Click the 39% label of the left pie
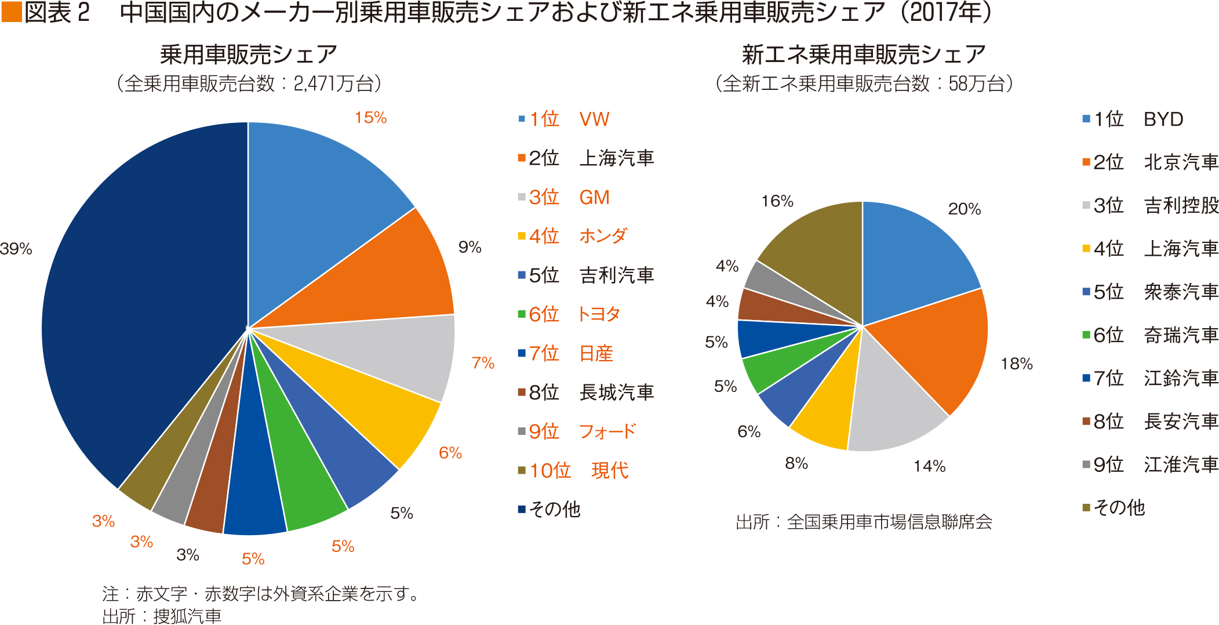tap(16, 249)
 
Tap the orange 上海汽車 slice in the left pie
tap(394, 272)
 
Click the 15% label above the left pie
tap(370, 118)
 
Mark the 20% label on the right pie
tap(964, 209)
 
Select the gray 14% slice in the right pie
tap(893, 406)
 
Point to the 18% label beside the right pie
tap(1017, 364)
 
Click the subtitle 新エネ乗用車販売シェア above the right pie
tap(864, 54)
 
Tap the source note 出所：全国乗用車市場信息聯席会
tap(864, 522)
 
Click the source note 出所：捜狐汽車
tap(162, 616)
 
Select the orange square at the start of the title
tap(11, 12)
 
